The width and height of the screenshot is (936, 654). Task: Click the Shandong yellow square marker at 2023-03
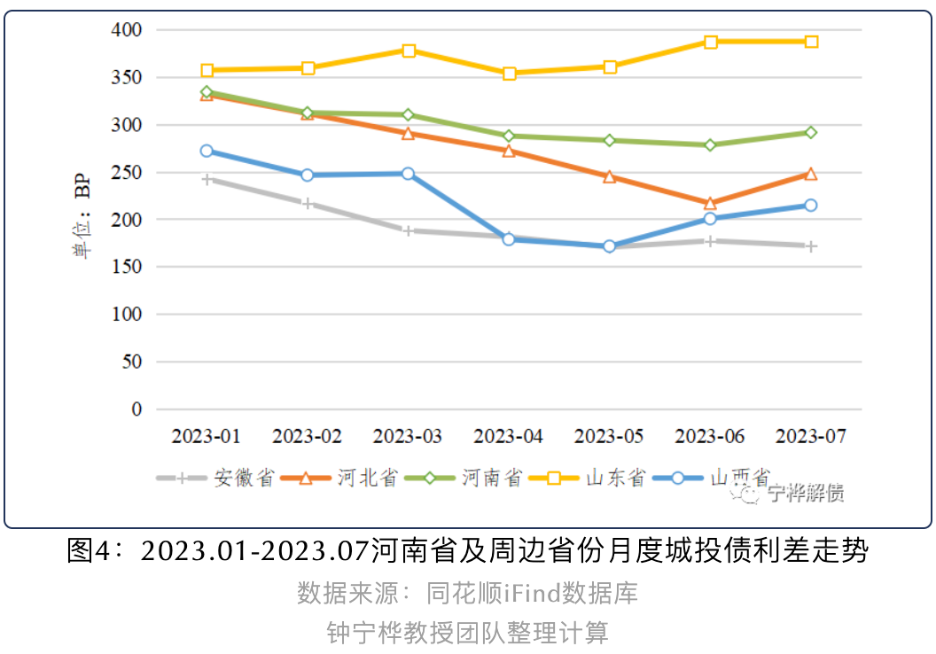click(409, 51)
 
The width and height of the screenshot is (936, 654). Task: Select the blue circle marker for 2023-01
click(207, 151)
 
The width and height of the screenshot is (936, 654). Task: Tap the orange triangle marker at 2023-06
click(710, 204)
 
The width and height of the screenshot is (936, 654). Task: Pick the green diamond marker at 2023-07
click(811, 132)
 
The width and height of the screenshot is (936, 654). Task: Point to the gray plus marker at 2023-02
click(308, 204)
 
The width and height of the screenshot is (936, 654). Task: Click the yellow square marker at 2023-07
click(811, 42)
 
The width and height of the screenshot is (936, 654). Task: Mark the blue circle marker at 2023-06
click(710, 219)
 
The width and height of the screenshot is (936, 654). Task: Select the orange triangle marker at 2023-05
click(610, 176)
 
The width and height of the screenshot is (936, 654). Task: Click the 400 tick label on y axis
click(127, 30)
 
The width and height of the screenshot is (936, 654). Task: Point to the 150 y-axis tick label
click(127, 267)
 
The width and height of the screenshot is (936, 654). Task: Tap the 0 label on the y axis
click(136, 409)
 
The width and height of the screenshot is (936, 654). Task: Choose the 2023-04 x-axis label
click(509, 437)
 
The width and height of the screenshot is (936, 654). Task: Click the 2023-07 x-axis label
click(811, 437)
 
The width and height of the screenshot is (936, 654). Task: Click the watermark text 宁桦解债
click(806, 494)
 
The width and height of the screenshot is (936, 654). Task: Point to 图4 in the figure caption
click(89, 550)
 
